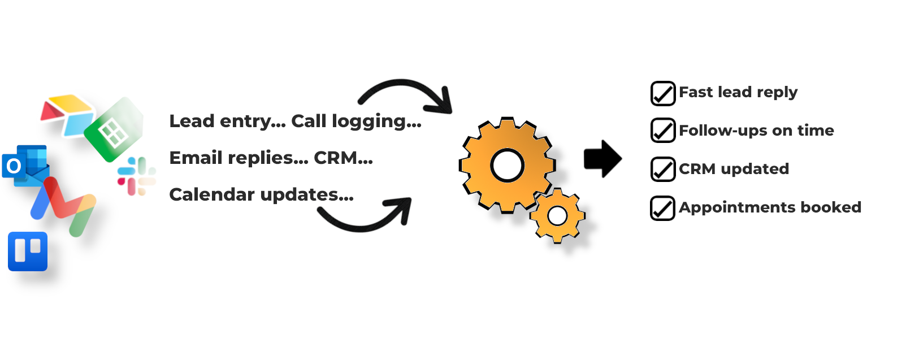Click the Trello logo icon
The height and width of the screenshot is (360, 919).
28,251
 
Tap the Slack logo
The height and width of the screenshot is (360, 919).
136,176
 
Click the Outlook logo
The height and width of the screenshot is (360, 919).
24,166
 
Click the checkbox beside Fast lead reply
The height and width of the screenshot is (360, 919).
662,94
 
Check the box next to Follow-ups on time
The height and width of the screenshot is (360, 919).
662,131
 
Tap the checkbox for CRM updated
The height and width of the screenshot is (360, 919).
662,169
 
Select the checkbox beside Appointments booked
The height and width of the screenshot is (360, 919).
662,208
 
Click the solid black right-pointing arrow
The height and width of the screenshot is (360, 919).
602,159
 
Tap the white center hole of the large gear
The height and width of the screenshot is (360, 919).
507,166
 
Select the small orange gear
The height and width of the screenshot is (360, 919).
557,215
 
